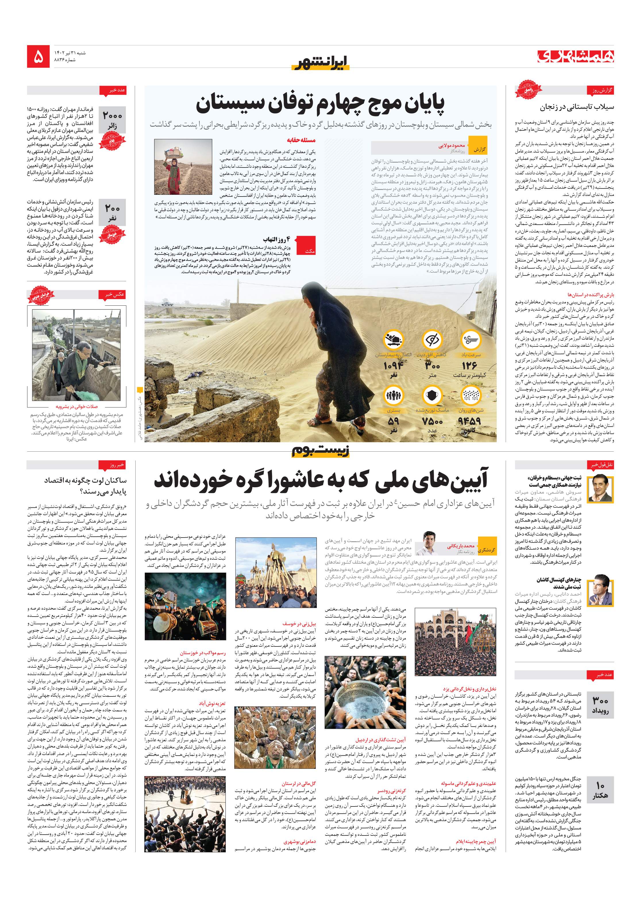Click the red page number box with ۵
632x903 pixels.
point(38,57)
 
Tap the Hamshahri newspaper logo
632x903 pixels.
point(575,56)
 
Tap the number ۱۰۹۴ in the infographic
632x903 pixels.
point(393,366)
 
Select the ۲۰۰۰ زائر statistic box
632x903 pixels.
point(112,120)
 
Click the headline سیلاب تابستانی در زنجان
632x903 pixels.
point(577,107)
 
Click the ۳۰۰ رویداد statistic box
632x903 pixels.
point(600,705)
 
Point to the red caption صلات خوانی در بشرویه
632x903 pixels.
point(77,407)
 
